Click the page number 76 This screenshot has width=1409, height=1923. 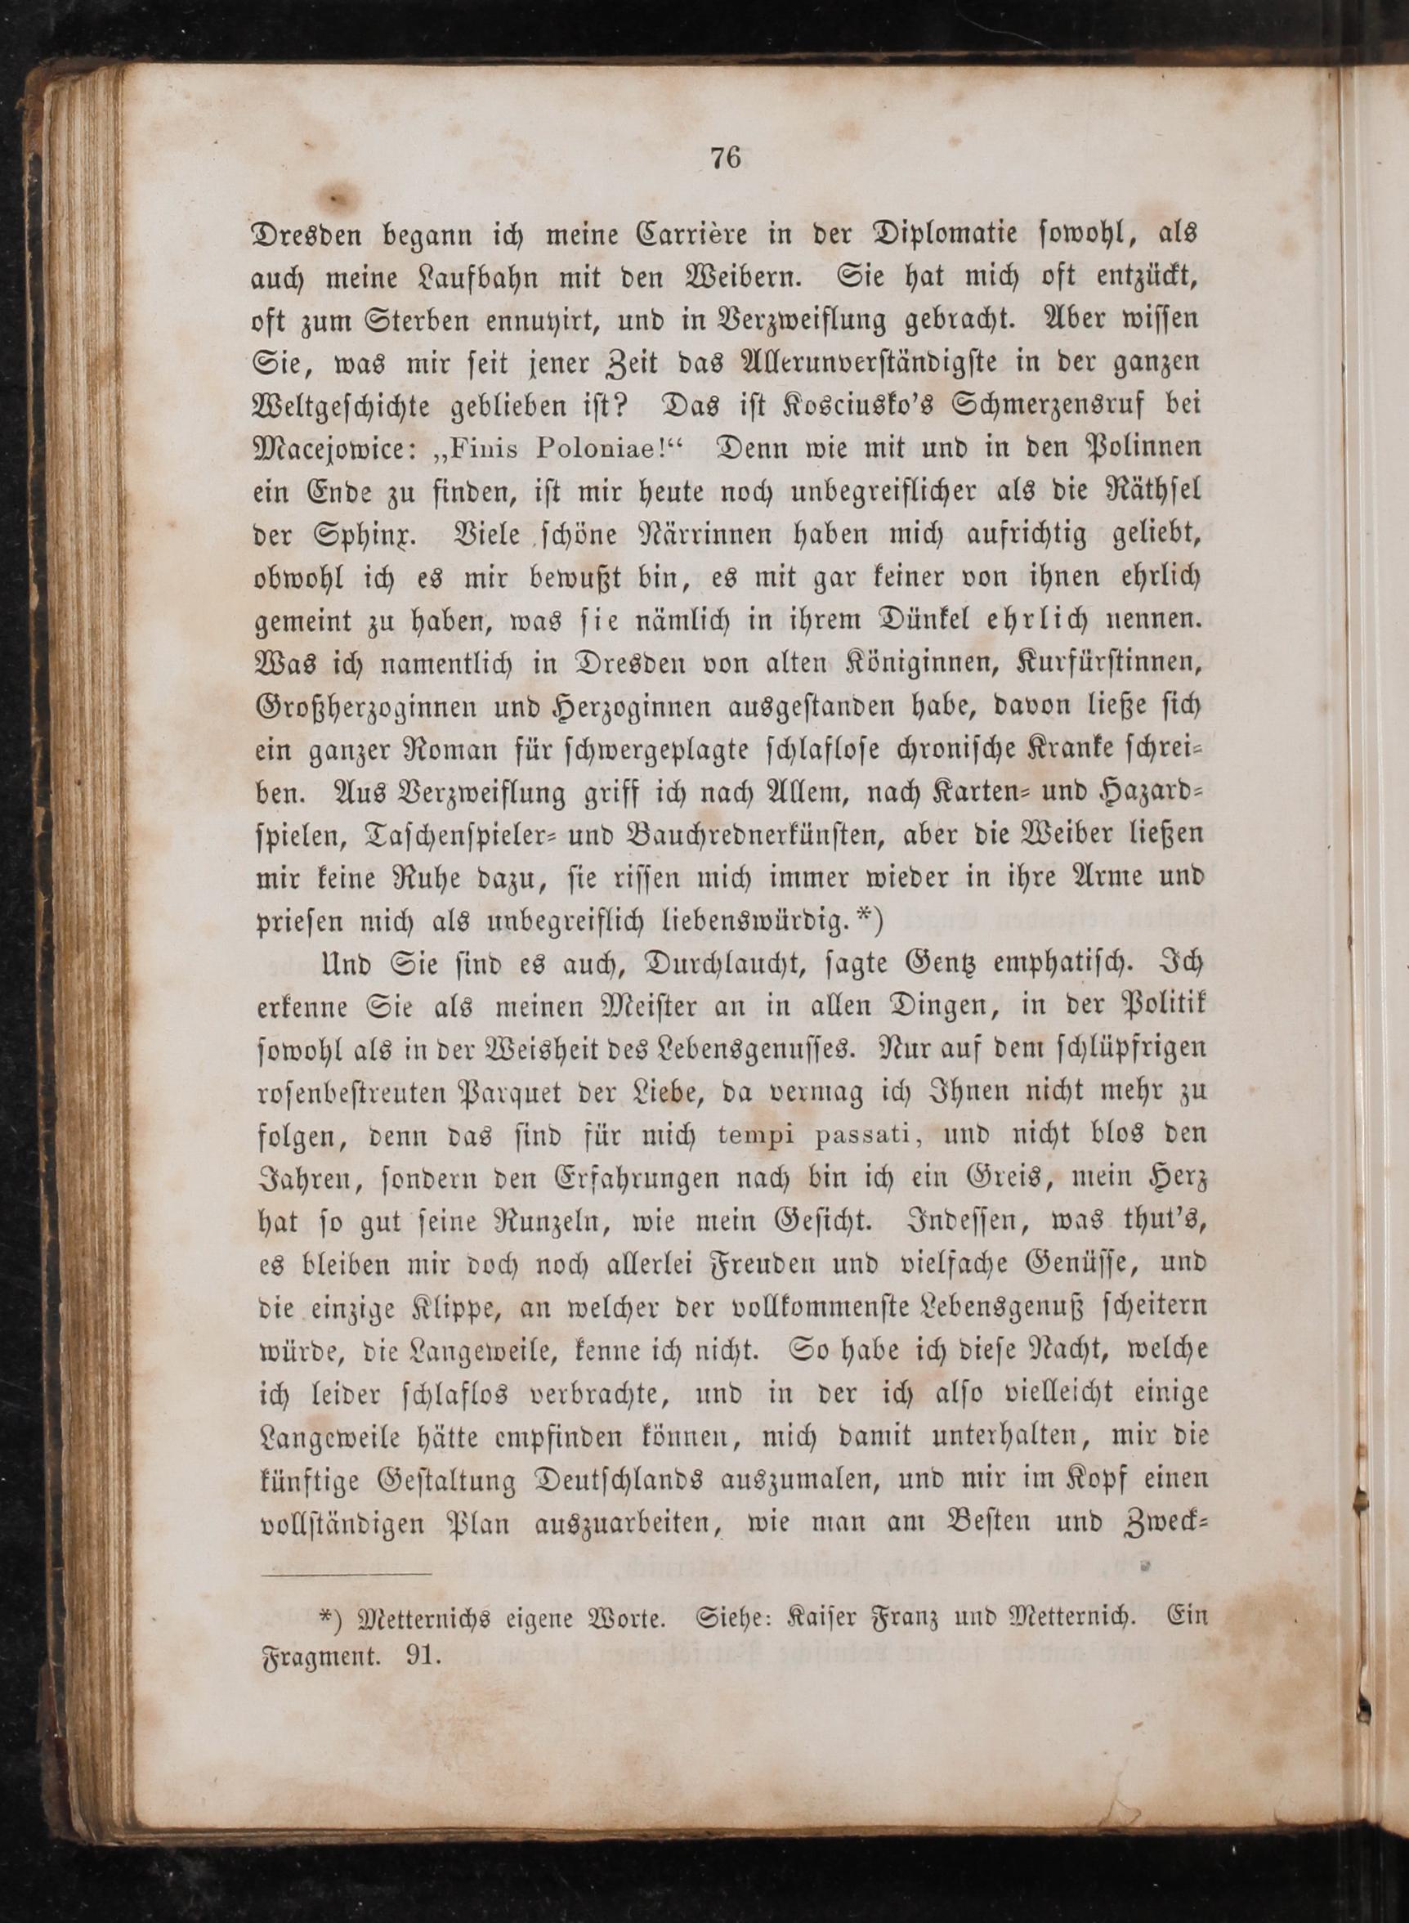click(725, 159)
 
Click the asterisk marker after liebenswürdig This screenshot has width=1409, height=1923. click(866, 919)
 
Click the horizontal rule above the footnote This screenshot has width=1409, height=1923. click(347, 1574)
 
